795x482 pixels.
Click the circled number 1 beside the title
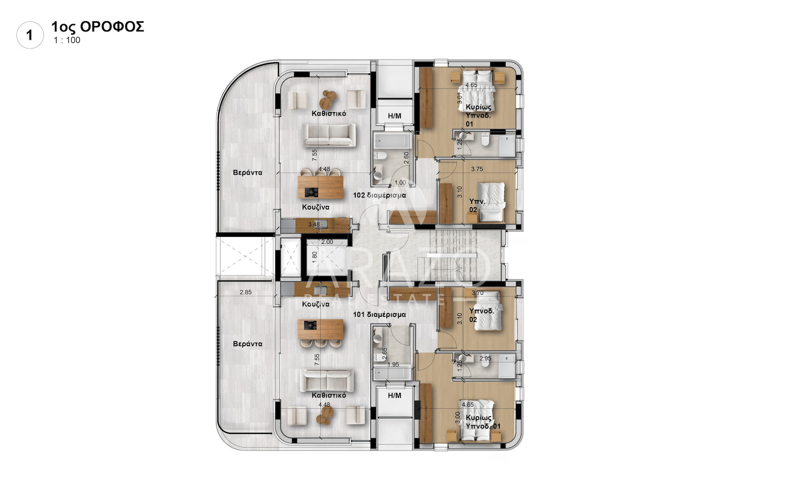coord(30,35)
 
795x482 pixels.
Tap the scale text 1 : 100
coord(67,40)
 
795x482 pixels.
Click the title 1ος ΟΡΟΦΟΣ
coord(98,27)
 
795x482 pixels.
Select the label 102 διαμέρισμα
coord(379,195)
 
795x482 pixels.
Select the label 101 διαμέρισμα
coord(379,315)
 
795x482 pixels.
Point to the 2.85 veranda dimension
coord(246,292)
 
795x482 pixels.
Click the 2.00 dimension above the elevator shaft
coord(327,242)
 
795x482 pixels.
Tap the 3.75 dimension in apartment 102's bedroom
coord(477,169)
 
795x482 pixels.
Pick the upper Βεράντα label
coord(248,173)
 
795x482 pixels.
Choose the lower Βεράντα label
coord(248,344)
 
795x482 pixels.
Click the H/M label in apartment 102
coord(395,116)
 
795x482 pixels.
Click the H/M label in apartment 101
coord(395,395)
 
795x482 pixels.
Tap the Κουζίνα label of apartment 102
coord(316,207)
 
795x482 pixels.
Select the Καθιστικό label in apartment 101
coord(329,395)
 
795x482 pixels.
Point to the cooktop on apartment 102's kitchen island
coord(311,192)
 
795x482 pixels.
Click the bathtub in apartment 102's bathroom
coord(392,140)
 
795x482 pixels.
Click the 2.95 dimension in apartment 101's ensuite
coord(485,359)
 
